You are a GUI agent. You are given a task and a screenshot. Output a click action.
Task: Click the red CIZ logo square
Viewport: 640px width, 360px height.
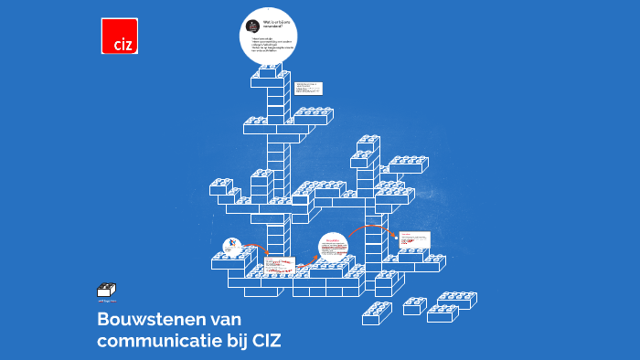click(119, 36)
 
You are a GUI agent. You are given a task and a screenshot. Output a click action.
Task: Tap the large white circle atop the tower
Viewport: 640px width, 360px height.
click(269, 36)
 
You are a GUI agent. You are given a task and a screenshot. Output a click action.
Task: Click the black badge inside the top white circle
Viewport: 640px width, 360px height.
click(253, 26)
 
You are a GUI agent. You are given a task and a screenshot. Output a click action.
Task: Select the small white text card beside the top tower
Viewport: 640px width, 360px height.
click(307, 88)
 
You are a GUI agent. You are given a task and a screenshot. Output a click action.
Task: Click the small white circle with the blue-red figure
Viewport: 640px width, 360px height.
click(233, 246)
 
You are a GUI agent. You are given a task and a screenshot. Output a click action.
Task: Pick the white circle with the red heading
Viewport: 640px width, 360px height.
click(334, 248)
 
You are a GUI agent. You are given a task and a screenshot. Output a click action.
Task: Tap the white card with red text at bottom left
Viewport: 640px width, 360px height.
click(278, 266)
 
